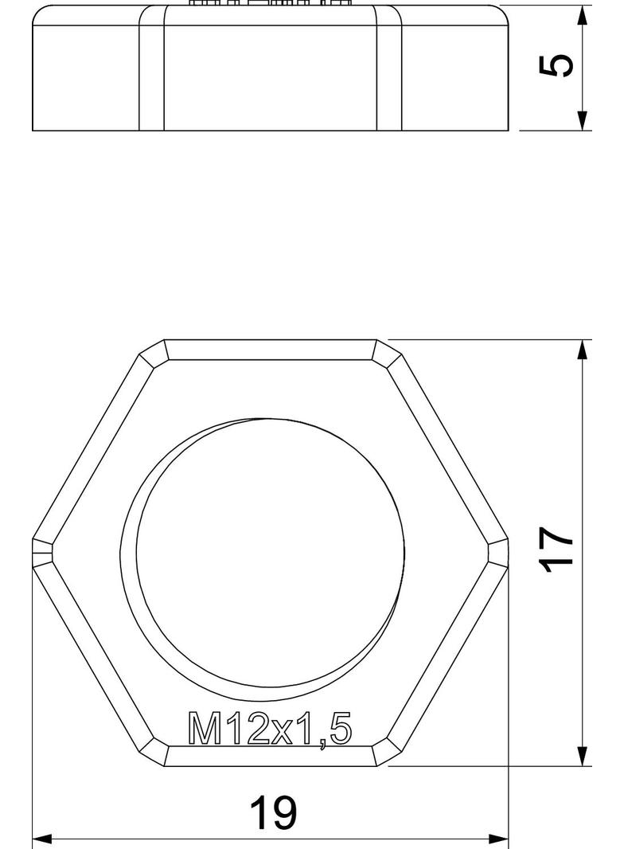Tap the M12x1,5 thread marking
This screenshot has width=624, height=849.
(270, 730)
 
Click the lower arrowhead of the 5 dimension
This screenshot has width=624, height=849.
(583, 120)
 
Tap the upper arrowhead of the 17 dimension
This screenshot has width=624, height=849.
(583, 350)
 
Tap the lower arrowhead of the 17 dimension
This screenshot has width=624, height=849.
(583, 756)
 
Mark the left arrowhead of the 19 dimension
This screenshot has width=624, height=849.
(42, 839)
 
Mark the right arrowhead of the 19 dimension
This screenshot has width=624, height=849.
(498, 839)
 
